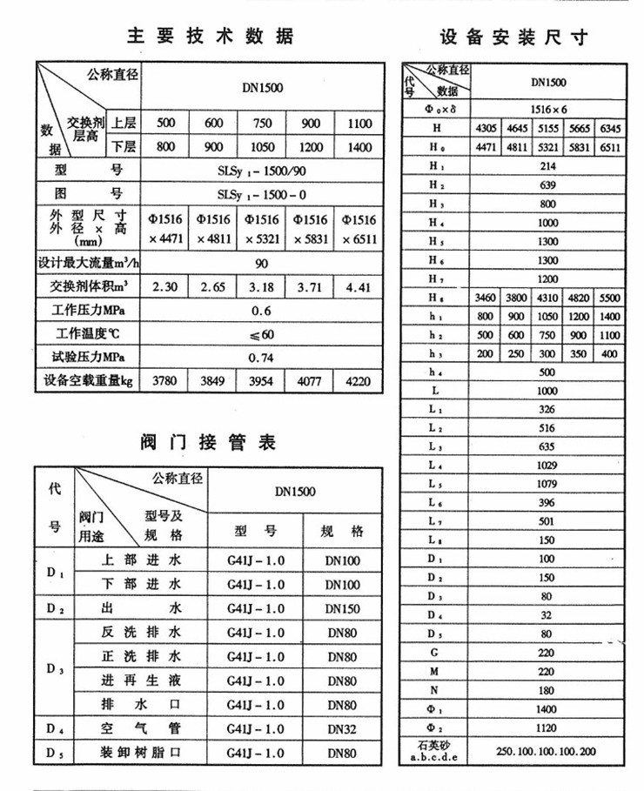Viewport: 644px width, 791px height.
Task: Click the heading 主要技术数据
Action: tap(211, 36)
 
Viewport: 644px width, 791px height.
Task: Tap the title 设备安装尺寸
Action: tap(513, 37)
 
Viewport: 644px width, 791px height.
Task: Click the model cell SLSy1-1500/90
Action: tap(262, 171)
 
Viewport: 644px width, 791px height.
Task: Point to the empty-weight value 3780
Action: tap(165, 380)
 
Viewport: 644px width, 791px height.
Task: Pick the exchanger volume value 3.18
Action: tap(262, 286)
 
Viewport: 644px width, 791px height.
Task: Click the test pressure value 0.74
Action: tap(262, 357)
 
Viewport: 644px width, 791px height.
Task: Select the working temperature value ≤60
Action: tap(262, 334)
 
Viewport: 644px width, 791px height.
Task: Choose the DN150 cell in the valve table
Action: tap(343, 609)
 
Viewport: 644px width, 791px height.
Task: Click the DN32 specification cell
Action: tap(343, 728)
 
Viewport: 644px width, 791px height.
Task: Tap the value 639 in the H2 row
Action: tap(547, 185)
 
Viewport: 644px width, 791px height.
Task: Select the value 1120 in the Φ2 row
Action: tap(547, 728)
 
